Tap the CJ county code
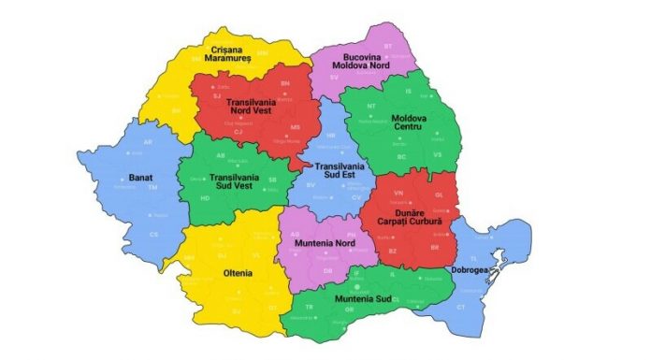click(x=238, y=133)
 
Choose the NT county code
click(x=370, y=107)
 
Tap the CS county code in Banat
click(x=128, y=234)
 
